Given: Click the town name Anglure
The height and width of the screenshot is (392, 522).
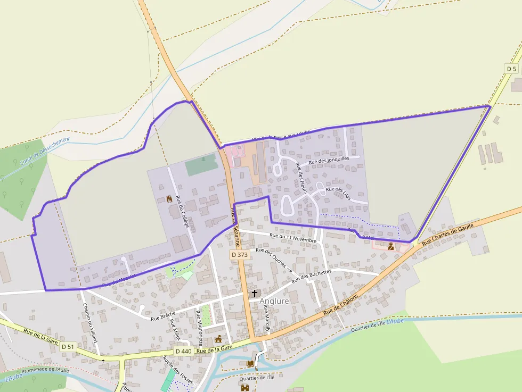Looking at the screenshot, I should (274, 301).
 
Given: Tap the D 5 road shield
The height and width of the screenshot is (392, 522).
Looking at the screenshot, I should (511, 69).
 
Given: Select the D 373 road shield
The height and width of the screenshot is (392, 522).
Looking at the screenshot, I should (240, 255).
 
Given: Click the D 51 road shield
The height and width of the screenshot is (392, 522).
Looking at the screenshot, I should (68, 347).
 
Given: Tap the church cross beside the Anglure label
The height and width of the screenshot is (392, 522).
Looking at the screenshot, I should (254, 293).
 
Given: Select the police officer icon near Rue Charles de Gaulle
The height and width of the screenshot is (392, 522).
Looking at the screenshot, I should (391, 246).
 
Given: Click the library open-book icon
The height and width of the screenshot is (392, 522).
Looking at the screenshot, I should (250, 363).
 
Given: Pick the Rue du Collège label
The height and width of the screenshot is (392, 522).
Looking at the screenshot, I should (182, 212).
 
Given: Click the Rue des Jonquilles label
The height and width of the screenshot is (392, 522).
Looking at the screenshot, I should (329, 160).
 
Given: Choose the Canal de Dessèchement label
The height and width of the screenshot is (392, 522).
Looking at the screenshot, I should (45, 151).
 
